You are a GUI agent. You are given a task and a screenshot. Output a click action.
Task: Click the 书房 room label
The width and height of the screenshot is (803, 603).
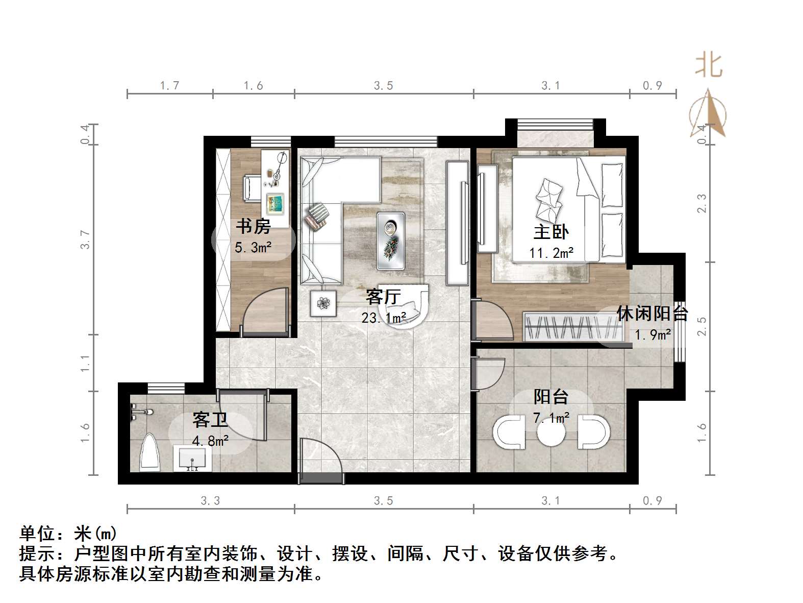pos(253,226)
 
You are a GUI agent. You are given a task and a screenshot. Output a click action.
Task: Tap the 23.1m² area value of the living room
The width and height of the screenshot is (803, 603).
pos(384,318)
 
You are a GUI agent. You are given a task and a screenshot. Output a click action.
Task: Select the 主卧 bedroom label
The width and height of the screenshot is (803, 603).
pos(551,232)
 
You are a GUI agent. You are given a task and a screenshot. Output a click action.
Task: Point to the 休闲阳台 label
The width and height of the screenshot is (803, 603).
pos(653,313)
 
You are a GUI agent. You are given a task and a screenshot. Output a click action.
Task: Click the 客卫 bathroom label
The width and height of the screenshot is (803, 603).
pos(210,420)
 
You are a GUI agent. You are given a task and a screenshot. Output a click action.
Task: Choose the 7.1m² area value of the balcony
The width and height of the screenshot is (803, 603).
pos(551,418)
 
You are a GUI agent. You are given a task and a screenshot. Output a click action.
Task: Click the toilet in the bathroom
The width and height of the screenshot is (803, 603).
pos(150,452)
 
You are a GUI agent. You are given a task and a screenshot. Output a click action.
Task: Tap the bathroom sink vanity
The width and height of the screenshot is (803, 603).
pos(192,458)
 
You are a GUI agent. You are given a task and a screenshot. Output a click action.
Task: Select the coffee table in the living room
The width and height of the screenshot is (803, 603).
pos(391,240)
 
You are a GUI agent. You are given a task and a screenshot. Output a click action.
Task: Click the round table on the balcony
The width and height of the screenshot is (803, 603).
pos(551,433)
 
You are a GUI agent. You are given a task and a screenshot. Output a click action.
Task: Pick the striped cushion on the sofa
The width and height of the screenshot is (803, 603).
pos(317,216)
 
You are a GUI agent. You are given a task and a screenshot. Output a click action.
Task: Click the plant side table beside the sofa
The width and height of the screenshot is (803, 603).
pos(323,303)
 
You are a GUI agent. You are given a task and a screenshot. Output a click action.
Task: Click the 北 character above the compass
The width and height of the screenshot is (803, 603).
pos(709,66)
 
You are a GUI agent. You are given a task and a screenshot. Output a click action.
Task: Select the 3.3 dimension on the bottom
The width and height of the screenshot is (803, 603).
pos(210,500)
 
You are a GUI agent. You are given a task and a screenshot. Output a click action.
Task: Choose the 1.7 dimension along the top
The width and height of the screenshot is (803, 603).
pos(169,85)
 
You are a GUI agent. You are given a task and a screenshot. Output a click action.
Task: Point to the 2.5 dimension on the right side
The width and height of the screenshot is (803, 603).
pos(702,327)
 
